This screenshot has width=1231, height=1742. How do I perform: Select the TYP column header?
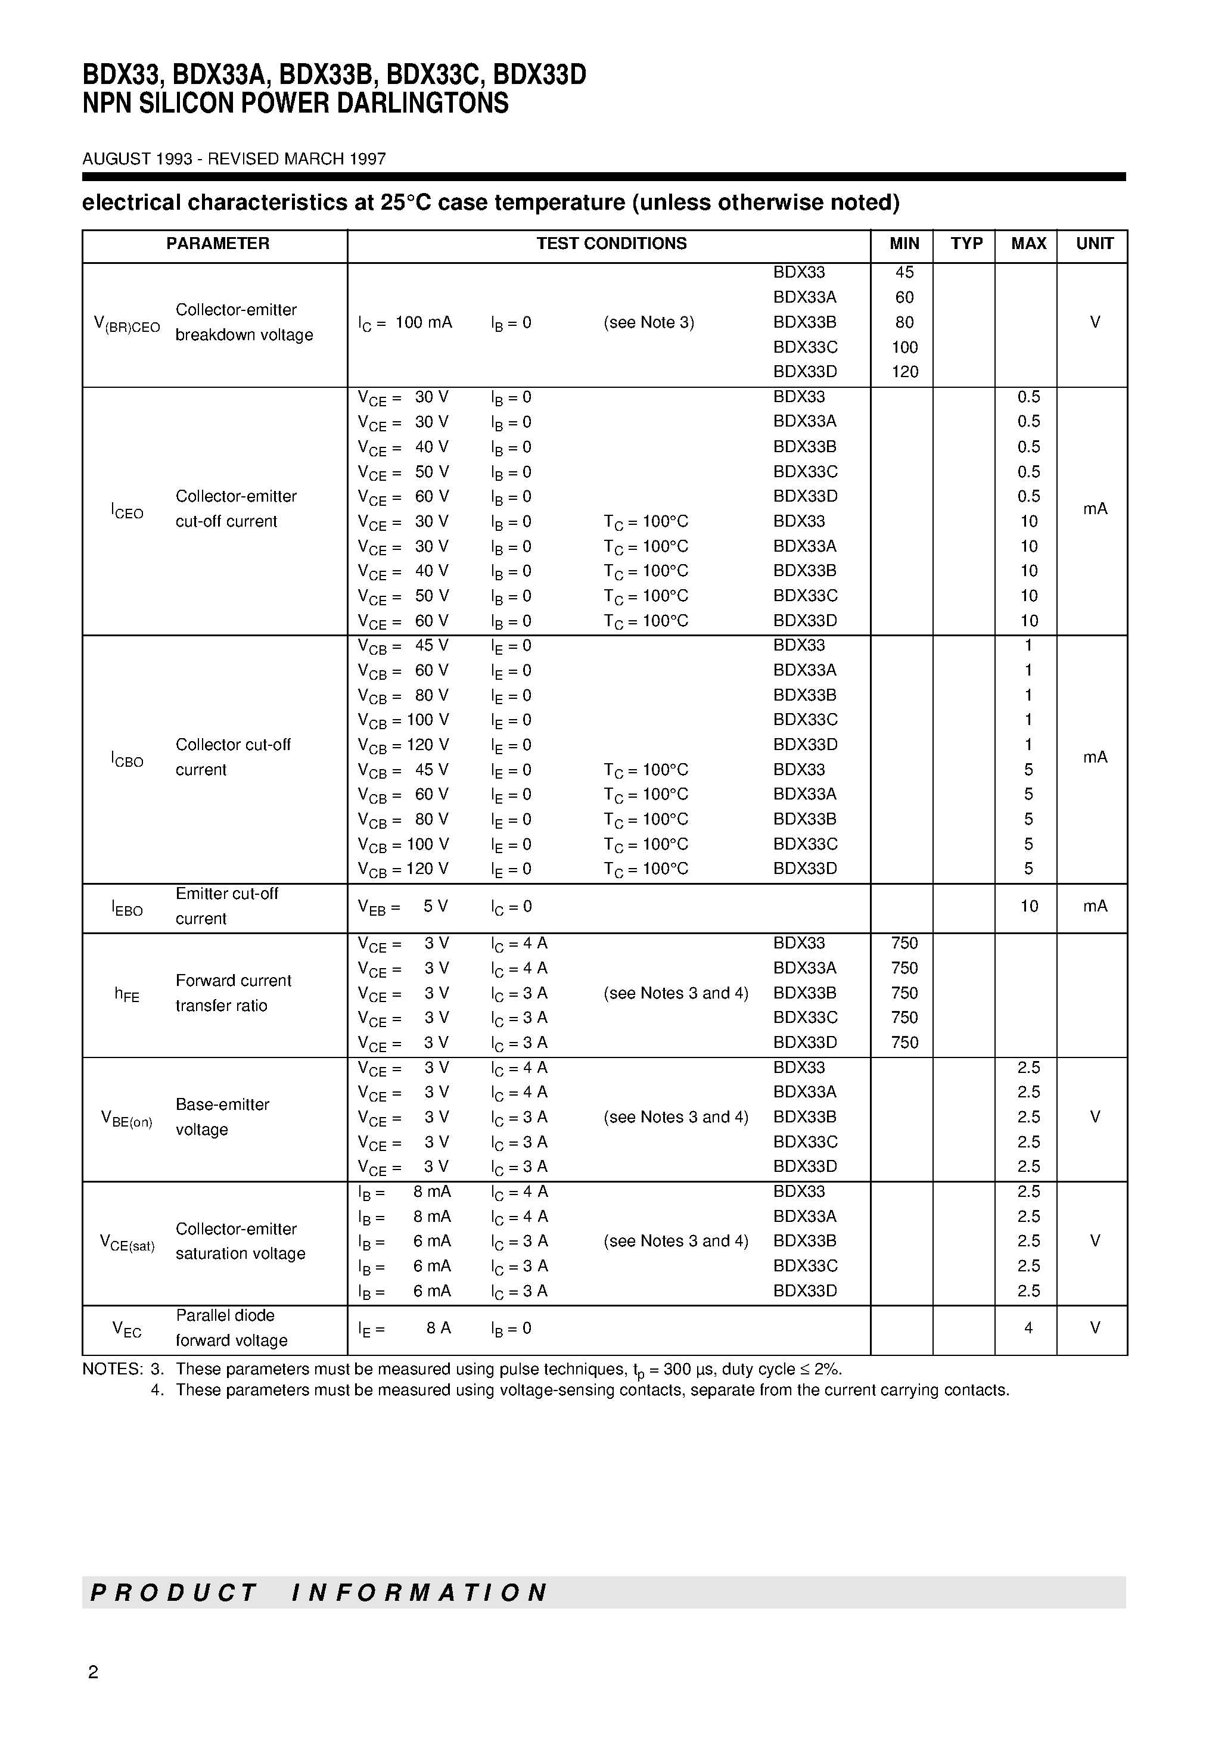click(x=966, y=244)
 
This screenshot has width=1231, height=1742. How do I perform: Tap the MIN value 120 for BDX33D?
click(x=904, y=372)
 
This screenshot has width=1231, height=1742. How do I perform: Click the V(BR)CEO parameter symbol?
click(x=127, y=324)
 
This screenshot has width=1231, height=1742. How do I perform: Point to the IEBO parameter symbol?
click(x=127, y=908)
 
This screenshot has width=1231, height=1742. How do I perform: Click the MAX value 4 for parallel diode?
click(x=1028, y=1328)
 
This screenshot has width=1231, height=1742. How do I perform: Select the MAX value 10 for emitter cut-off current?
click(x=1028, y=906)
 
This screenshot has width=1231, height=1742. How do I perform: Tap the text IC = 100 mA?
click(x=405, y=322)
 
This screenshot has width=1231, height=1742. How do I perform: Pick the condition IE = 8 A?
click(x=405, y=1329)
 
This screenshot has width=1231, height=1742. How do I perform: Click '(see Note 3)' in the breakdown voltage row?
click(x=648, y=322)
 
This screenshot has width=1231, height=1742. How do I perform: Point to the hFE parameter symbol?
click(x=127, y=994)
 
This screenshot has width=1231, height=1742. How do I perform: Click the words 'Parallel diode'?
click(x=225, y=1315)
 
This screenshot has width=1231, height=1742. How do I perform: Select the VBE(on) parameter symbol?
click(x=127, y=1118)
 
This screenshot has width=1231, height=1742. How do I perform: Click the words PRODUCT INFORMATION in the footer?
click(x=319, y=1592)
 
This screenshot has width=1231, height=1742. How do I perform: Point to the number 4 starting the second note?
click(x=157, y=1391)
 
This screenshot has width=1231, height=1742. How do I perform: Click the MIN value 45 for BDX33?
click(x=904, y=272)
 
